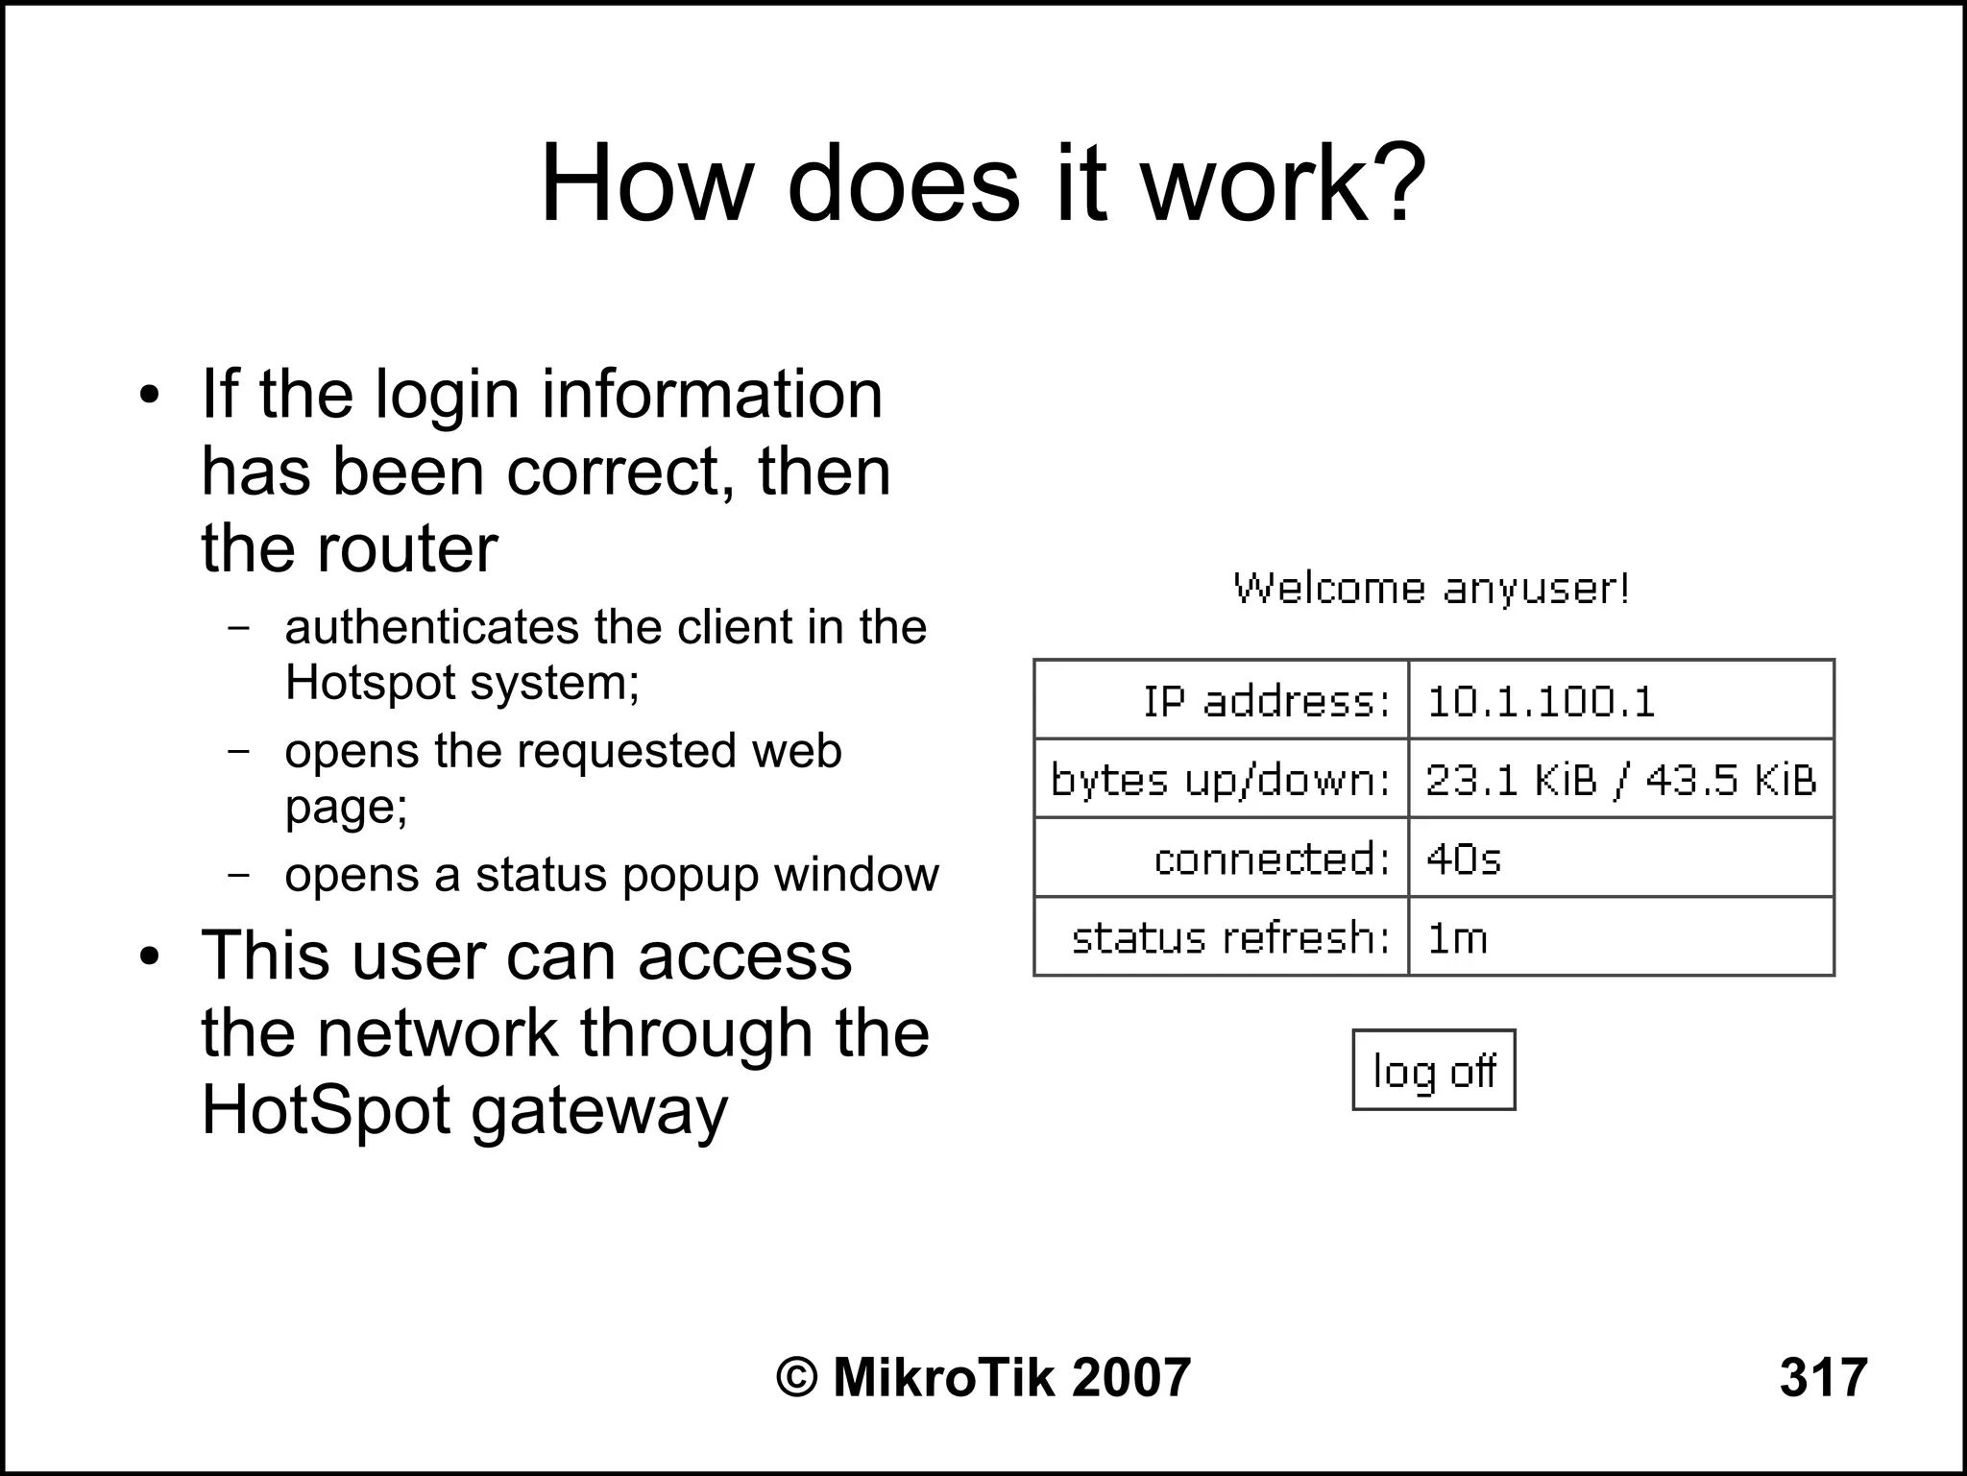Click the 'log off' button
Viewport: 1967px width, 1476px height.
(1433, 1071)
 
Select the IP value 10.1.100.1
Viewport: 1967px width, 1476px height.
(1541, 701)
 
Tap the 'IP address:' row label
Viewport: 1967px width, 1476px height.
(1266, 701)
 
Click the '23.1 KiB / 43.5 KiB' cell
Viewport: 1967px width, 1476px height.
(1620, 780)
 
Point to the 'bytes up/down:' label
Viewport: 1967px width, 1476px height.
(1220, 780)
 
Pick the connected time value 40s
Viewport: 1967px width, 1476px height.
(1463, 859)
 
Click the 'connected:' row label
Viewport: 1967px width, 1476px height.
(1272, 859)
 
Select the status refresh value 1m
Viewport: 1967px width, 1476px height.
(1457, 937)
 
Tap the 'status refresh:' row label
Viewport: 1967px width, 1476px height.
(1230, 937)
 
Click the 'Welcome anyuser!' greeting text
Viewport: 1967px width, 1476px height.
(1431, 588)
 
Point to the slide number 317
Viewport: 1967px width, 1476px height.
(1823, 1377)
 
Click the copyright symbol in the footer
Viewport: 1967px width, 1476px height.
(796, 1378)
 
